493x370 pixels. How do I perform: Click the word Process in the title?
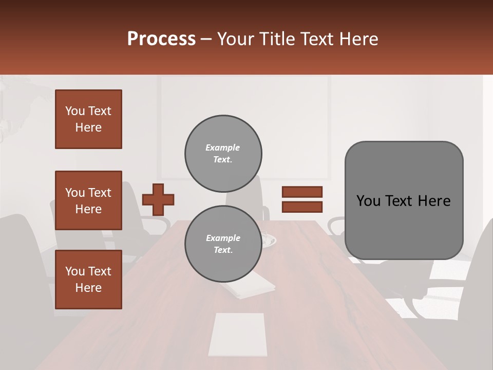(x=161, y=39)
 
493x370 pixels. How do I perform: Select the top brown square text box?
(x=88, y=119)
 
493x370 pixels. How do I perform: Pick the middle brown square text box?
(x=88, y=200)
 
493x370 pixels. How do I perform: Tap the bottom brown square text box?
(x=88, y=280)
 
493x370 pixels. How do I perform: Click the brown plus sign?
(x=158, y=199)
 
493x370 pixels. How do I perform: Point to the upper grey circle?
(x=223, y=154)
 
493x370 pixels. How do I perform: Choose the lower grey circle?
(x=223, y=244)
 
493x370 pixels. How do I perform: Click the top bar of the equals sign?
(x=302, y=192)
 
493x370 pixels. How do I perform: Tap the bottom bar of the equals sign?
(x=302, y=207)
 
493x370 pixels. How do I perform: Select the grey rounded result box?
(x=404, y=200)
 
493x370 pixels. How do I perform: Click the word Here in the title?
(x=359, y=39)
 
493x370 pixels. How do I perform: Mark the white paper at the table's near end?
(x=238, y=335)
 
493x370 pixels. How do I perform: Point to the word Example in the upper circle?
(x=222, y=147)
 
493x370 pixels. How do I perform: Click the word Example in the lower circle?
(x=223, y=238)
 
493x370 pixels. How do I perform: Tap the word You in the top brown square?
(x=75, y=111)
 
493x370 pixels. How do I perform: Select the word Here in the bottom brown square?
(x=88, y=288)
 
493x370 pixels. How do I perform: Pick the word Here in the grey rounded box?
(x=434, y=201)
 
